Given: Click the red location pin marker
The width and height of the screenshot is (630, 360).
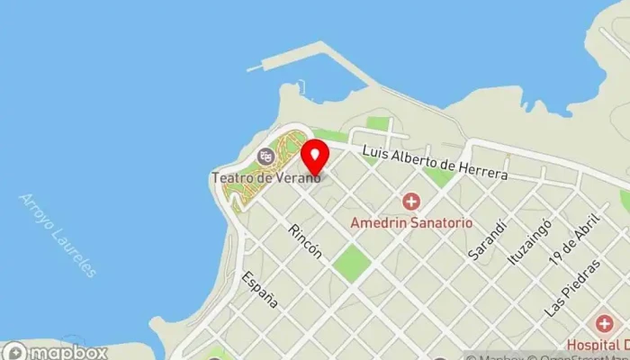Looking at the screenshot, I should [x=314, y=157].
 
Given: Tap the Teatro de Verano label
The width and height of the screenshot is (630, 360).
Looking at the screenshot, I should [x=254, y=177].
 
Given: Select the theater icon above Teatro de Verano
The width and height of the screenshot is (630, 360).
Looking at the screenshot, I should [x=265, y=157].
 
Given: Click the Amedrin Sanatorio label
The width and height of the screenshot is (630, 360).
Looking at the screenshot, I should [x=410, y=221].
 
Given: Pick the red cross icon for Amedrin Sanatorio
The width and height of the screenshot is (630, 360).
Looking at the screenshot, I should [x=410, y=202].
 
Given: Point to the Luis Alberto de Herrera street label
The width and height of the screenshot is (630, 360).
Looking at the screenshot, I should [x=435, y=163].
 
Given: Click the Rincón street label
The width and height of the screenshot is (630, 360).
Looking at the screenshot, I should [x=305, y=240].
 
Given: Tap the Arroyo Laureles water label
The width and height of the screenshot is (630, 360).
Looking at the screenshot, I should [x=58, y=235].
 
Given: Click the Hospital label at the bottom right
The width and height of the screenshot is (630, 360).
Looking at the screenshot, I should [x=597, y=345].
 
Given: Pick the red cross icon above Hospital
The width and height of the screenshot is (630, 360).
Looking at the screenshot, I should [x=604, y=322].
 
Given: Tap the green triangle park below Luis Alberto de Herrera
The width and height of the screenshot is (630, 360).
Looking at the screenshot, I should [x=438, y=176].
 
